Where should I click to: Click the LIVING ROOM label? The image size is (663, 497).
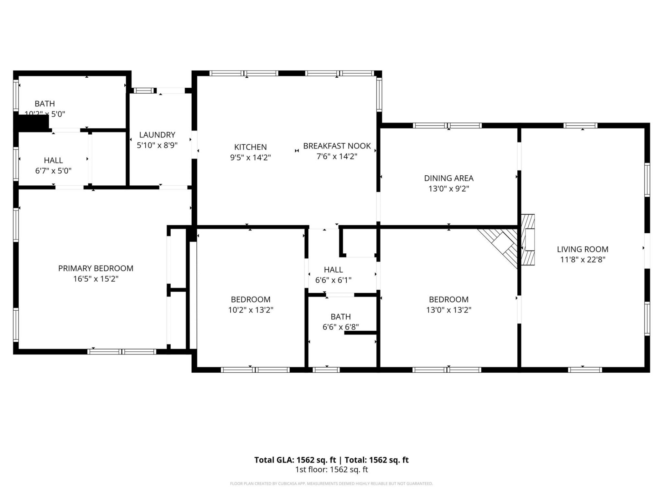point(583,249)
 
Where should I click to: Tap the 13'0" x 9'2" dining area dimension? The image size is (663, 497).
point(449,189)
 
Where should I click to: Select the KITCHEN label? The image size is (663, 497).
point(250,147)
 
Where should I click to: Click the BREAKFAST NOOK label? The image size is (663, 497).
point(337,146)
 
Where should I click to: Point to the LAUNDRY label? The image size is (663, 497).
point(157,135)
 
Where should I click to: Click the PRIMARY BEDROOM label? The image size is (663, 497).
point(96,268)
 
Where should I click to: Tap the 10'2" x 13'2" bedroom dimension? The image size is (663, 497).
point(250,310)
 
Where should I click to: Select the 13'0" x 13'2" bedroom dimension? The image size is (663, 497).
point(449,310)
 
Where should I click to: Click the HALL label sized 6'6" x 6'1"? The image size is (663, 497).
point(333,270)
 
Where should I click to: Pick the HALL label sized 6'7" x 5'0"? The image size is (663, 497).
point(53,160)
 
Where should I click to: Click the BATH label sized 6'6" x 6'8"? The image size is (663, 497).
point(340,316)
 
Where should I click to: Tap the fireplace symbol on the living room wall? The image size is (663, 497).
point(528,240)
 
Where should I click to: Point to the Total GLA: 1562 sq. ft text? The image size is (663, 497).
point(295,460)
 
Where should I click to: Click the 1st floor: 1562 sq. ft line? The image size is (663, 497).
point(331,469)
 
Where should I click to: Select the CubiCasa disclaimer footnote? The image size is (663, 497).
point(331,484)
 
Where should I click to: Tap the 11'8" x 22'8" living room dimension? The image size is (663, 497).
point(583,260)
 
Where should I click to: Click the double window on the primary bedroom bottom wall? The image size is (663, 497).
point(122,352)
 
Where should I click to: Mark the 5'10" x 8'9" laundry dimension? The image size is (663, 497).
point(157,145)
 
